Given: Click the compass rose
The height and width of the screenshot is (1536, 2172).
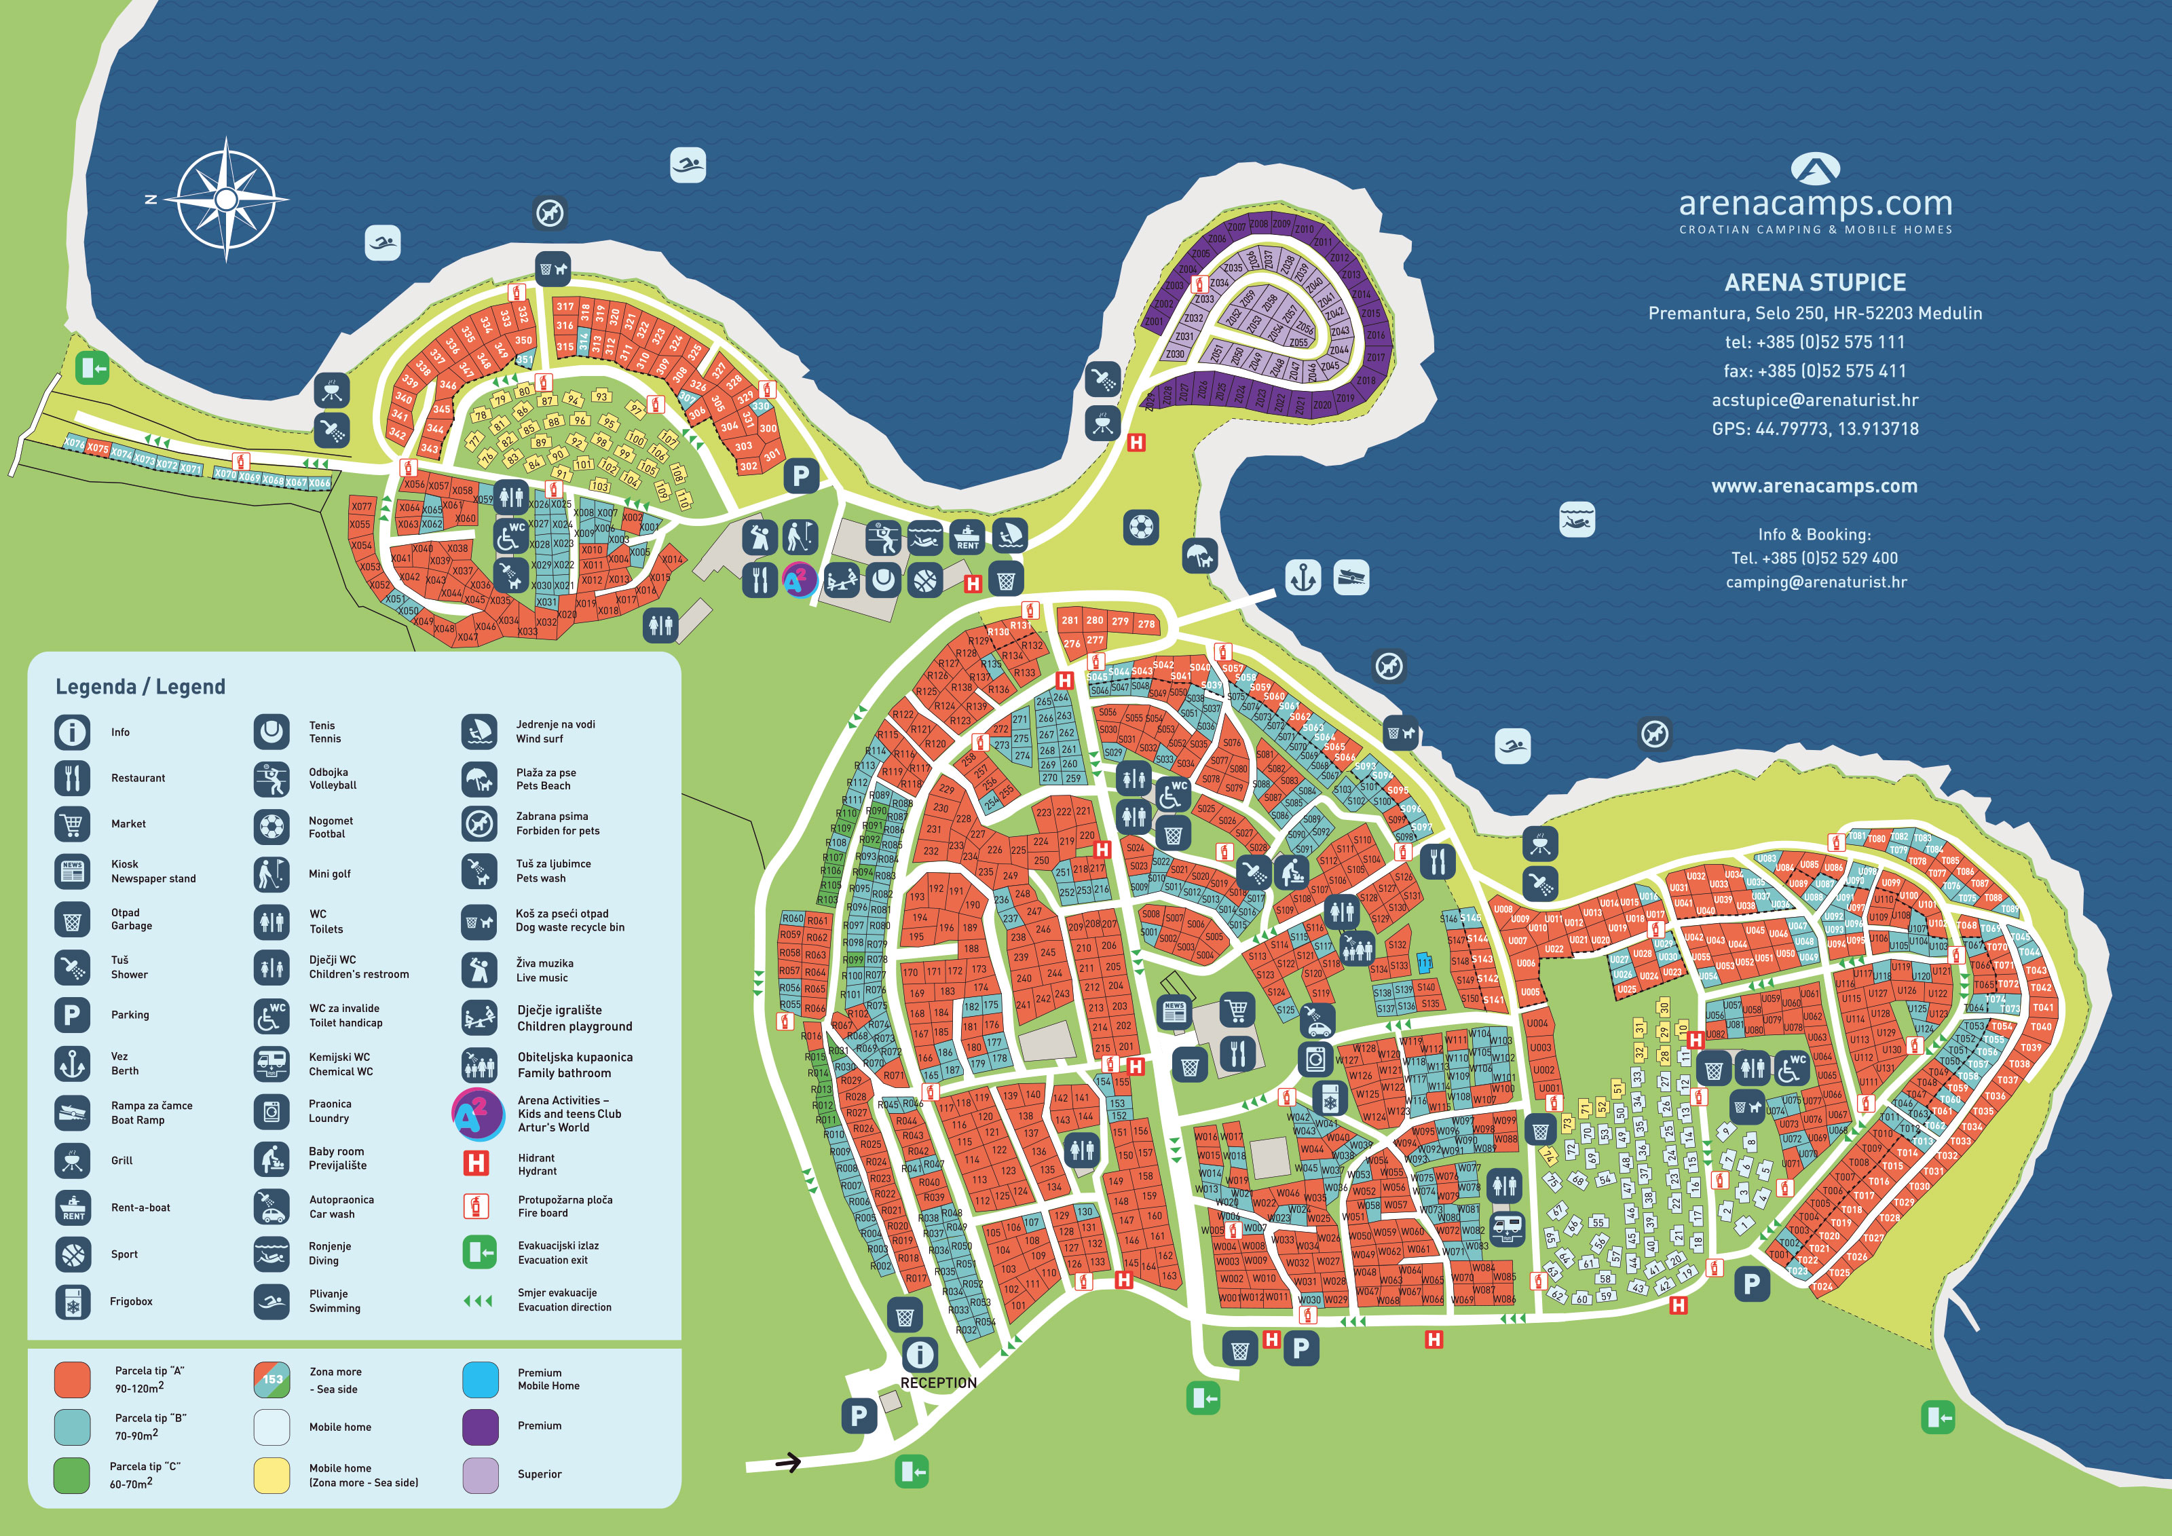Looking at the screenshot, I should click(x=226, y=200).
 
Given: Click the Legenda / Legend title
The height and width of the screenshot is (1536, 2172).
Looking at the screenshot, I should click(x=140, y=687).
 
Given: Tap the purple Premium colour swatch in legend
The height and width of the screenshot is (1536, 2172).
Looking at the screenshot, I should click(x=481, y=1426).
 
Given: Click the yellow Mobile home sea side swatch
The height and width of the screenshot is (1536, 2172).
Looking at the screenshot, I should click(x=272, y=1474).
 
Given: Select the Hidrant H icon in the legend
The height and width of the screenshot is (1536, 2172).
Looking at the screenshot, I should click(x=476, y=1163).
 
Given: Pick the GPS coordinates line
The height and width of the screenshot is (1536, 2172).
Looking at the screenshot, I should click(x=1814, y=428).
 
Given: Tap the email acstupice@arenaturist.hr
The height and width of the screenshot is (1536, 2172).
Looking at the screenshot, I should click(x=1814, y=400).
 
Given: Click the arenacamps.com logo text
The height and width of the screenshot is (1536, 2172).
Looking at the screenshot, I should click(x=1814, y=204).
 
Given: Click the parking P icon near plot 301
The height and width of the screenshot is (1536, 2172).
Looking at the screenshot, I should click(x=800, y=476).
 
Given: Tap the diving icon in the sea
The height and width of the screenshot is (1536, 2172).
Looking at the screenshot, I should click(x=1576, y=519).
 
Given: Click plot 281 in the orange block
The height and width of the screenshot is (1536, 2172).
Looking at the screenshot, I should click(x=1070, y=620).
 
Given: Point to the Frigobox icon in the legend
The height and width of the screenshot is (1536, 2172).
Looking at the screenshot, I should click(x=73, y=1301).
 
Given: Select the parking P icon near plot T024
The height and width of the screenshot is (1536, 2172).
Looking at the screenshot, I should click(x=1751, y=1284).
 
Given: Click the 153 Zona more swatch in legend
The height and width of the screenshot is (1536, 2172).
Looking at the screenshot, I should click(x=272, y=1379).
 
